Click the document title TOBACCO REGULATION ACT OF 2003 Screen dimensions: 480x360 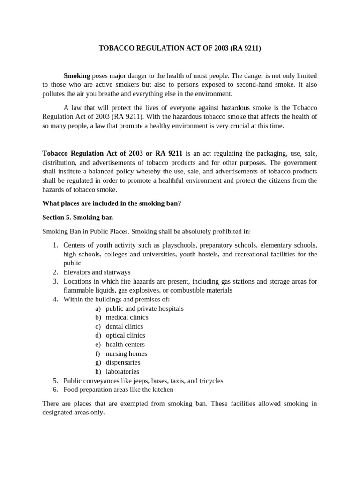180,48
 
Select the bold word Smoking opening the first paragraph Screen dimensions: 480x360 76,76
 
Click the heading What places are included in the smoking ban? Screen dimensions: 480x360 112,204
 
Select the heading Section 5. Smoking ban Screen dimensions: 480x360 77,217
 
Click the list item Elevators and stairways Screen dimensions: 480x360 97,272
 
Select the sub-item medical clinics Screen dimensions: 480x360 127,317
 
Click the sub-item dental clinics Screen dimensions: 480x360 124,326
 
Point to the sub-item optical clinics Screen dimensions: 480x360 125,335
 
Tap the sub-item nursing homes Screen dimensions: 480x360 126,353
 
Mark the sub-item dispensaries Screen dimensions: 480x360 123,362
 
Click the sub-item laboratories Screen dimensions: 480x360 122,372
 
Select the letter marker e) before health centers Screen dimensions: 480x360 97,345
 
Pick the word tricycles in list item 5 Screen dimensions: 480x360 210,381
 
